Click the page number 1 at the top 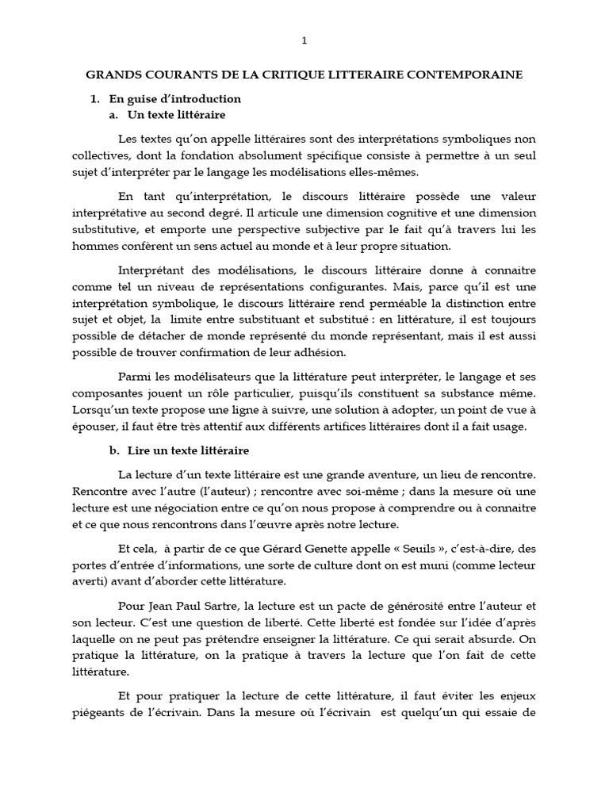point(304,40)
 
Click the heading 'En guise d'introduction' point(174,100)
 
